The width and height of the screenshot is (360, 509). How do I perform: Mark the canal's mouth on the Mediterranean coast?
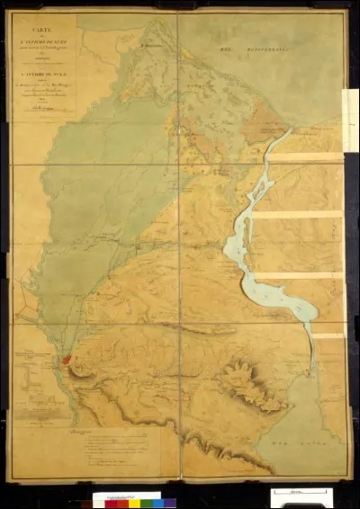click(x=291, y=131)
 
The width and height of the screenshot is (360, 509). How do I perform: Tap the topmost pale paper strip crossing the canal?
click(x=306, y=158)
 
